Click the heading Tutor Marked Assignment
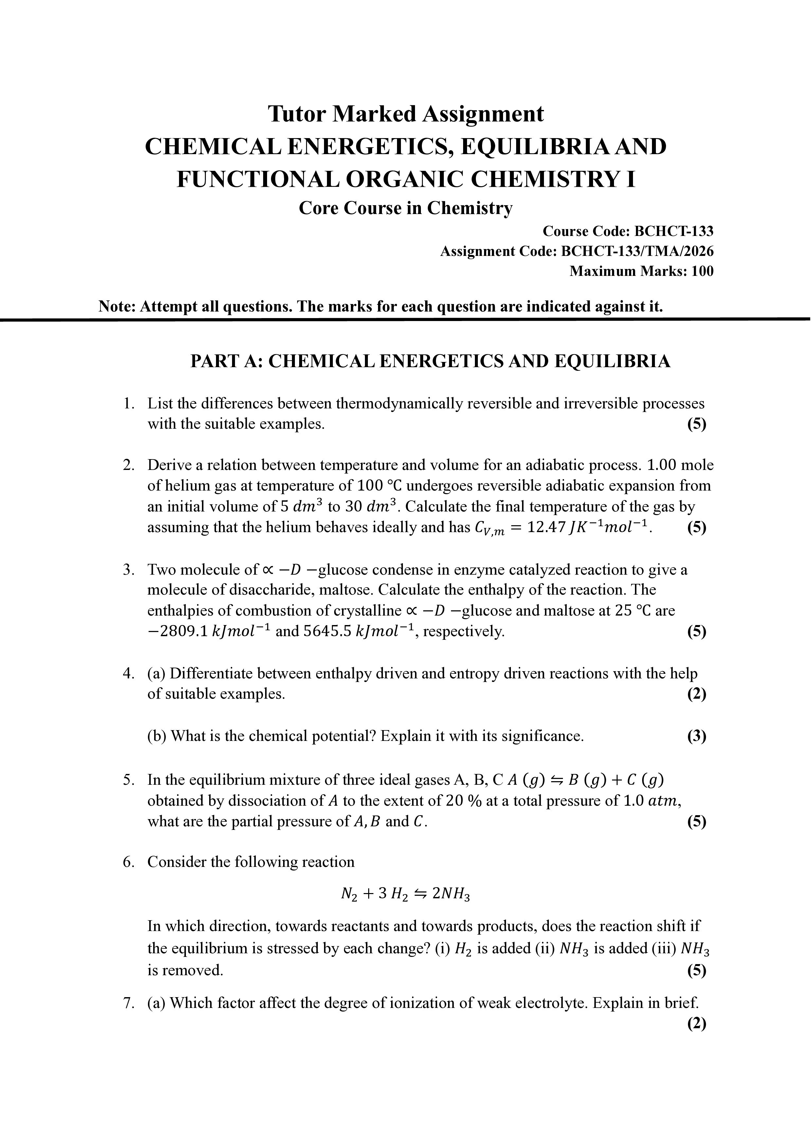coord(406,114)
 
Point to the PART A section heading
coord(430,361)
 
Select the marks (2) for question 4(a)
coord(696,694)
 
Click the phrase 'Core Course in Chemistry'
coord(406,208)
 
